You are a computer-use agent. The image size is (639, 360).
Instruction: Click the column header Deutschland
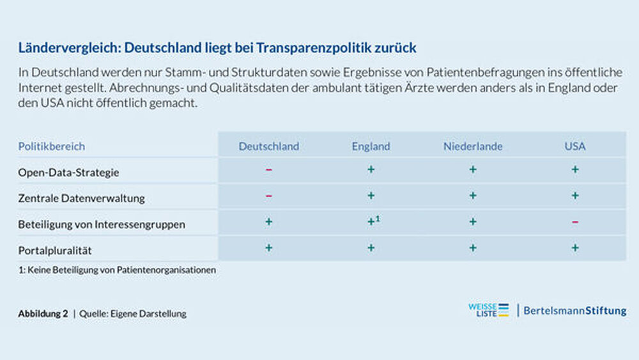[x=268, y=146]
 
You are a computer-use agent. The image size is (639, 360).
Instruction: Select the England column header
[x=371, y=146]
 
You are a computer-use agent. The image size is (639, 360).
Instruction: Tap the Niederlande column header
[x=473, y=146]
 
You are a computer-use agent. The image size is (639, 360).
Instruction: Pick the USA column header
[x=575, y=146]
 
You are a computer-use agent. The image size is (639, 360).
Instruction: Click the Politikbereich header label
[x=51, y=146]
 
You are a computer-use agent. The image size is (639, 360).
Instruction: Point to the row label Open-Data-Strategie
[x=68, y=173]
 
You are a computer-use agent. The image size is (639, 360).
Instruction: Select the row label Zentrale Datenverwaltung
[x=81, y=198]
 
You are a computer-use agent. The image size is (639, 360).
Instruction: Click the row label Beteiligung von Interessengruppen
[x=102, y=224]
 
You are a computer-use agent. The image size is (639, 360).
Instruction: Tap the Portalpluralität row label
[x=59, y=250]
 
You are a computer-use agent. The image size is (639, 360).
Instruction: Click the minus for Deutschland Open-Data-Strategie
[x=268, y=170]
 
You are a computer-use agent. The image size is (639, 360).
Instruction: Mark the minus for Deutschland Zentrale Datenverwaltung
[x=268, y=196]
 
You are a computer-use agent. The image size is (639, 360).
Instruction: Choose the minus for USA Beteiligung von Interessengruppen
[x=575, y=222]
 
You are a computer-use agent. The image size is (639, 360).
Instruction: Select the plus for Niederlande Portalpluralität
[x=473, y=247]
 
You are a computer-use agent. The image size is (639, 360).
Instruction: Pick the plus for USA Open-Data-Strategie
[x=575, y=169]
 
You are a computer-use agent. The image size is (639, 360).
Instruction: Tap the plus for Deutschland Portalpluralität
[x=268, y=247]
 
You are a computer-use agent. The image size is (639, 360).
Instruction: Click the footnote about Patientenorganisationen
[x=117, y=270]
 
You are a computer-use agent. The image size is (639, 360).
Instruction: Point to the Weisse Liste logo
[x=488, y=311]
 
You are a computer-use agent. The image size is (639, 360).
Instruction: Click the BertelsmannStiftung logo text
[x=575, y=311]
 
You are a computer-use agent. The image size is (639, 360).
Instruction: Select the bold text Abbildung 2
[x=43, y=314]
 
